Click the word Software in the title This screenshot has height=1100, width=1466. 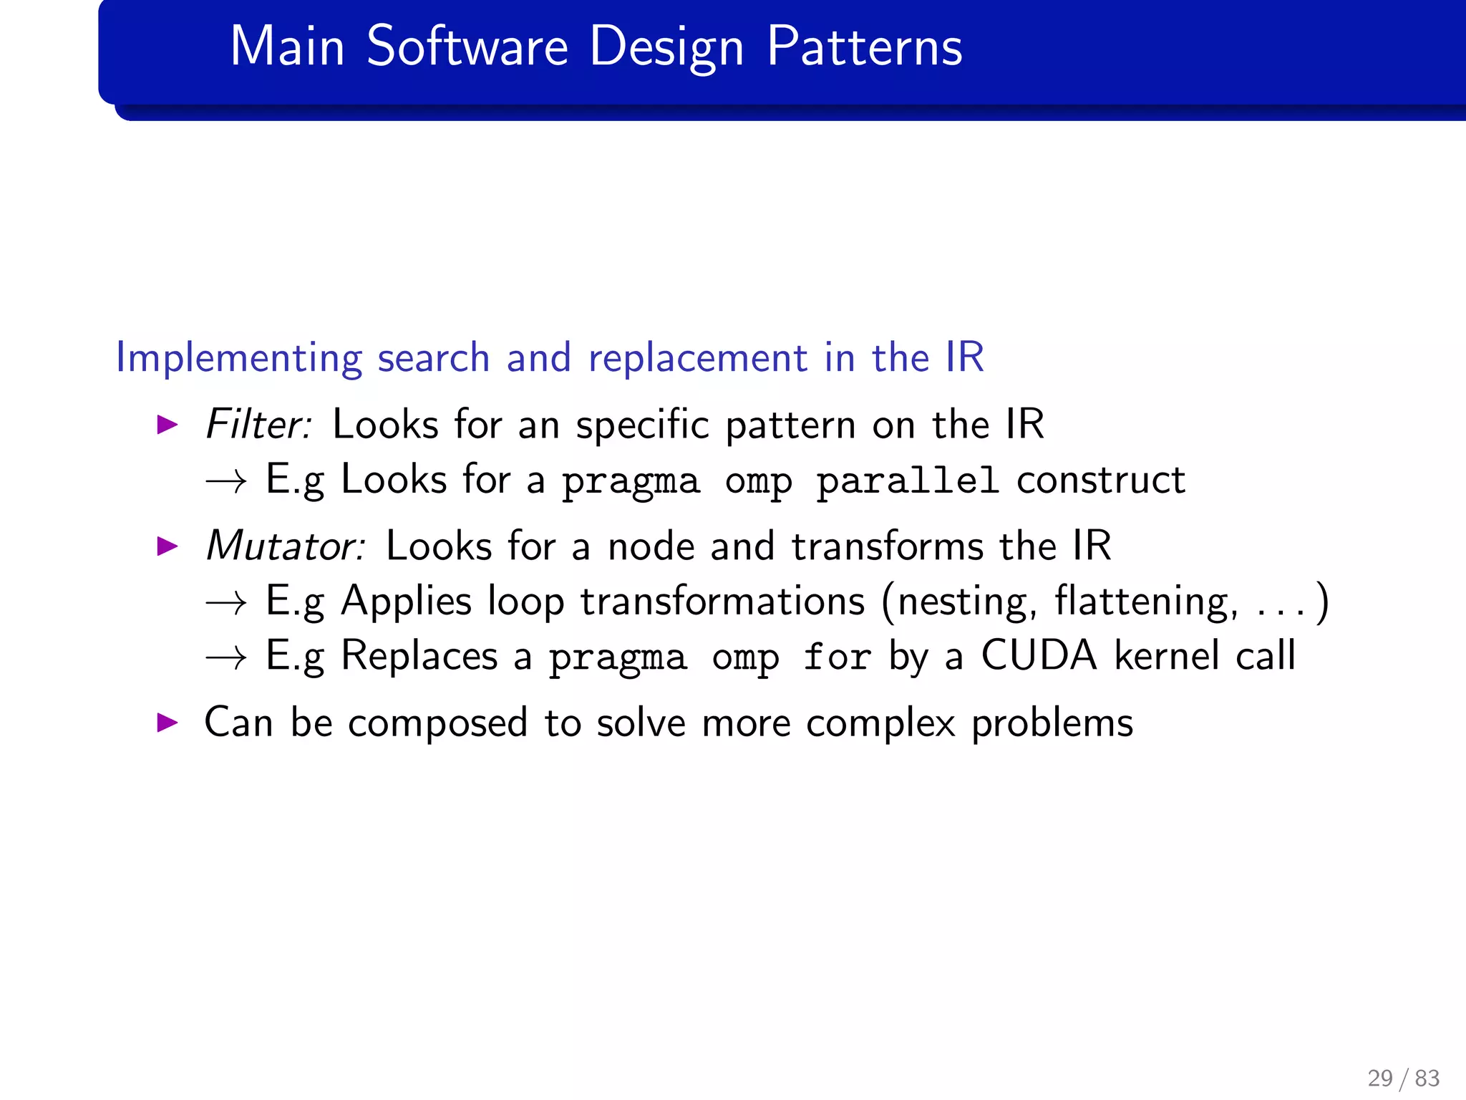point(467,47)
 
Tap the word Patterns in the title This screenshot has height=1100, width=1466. point(865,47)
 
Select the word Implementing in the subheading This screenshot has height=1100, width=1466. point(238,357)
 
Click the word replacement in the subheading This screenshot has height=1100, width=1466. point(697,357)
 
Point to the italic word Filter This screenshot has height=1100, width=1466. point(258,424)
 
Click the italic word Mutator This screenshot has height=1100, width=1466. point(285,546)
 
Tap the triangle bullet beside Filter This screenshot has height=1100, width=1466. point(168,425)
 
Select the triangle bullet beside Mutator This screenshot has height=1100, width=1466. point(168,546)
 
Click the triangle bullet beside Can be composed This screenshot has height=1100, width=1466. point(168,722)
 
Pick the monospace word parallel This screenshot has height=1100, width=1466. point(907,480)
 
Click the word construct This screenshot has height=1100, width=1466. point(1101,480)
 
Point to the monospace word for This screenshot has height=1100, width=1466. point(836,656)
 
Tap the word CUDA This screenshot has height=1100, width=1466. point(1039,655)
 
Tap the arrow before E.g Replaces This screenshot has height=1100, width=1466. point(226,657)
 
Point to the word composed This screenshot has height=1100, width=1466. point(438,723)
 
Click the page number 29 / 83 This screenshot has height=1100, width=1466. point(1403,1078)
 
